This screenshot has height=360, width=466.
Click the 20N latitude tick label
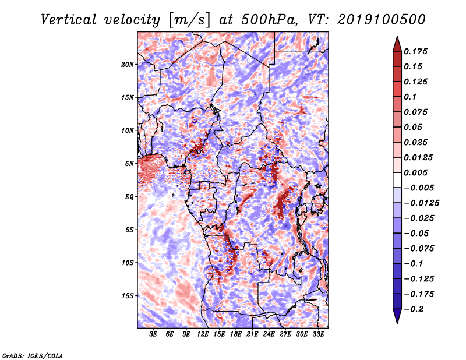click(x=128, y=64)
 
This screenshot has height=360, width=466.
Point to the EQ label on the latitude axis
click(x=129, y=196)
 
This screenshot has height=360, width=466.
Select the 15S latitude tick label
click(x=128, y=295)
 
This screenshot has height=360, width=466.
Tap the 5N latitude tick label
click(x=129, y=163)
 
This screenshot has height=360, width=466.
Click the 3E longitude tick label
click(x=153, y=335)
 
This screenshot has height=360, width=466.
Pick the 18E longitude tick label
click(x=236, y=335)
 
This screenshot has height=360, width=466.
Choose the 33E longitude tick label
click(x=318, y=335)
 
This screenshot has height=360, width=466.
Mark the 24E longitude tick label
click(x=269, y=335)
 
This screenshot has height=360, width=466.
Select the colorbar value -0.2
click(x=416, y=309)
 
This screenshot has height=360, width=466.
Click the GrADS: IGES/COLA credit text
click(x=33, y=355)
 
